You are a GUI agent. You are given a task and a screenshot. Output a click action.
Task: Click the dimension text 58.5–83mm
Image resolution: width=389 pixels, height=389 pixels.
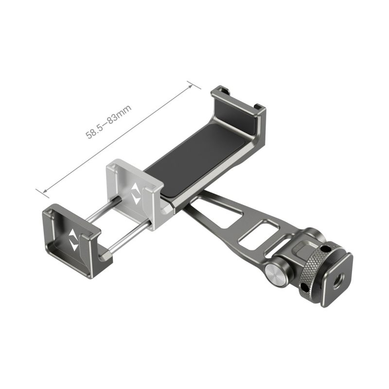pyautogui.click(x=109, y=122)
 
